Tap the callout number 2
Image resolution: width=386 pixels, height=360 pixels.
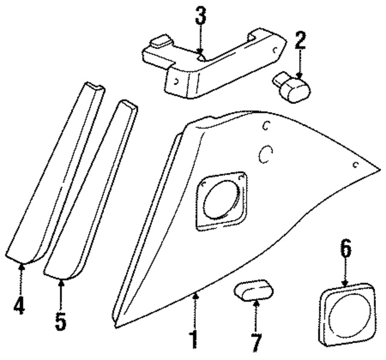pos(300,40)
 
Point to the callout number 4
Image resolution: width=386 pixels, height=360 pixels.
pos(20,305)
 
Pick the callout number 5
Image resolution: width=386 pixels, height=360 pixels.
pos(60,320)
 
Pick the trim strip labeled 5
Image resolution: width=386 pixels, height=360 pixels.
pos(90,193)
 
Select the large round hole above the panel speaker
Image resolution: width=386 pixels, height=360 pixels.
pos(266,155)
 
